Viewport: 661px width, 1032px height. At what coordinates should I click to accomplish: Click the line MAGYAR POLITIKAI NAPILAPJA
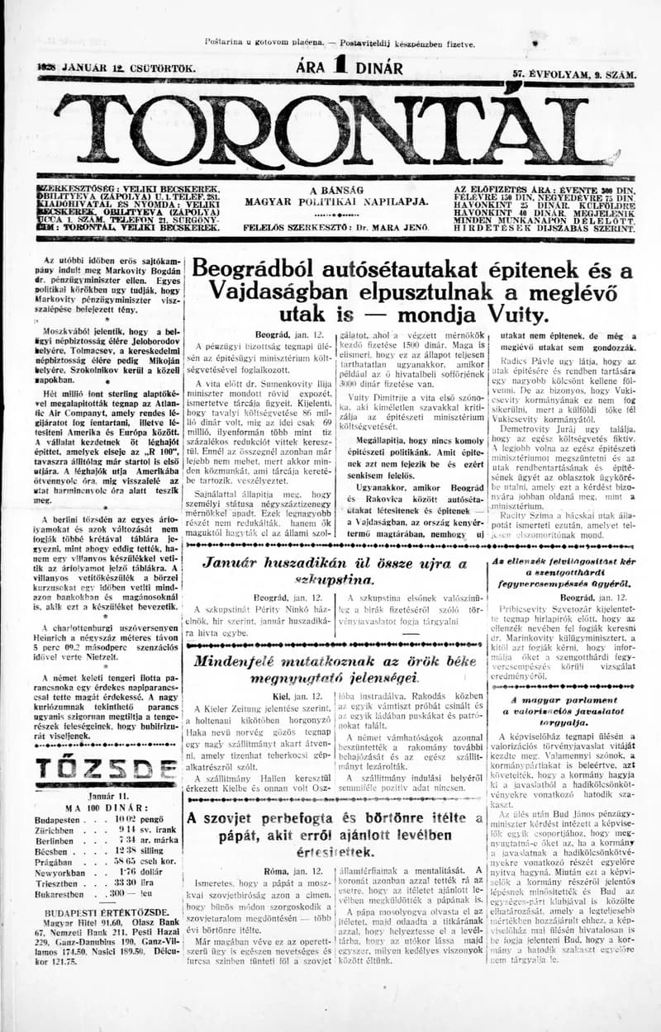pyautogui.click(x=336, y=201)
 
